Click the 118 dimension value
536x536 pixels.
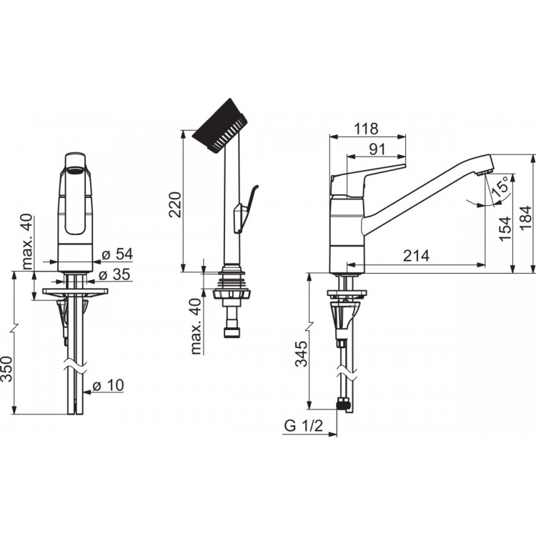[x=366, y=129]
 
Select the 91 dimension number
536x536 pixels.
[x=377, y=149]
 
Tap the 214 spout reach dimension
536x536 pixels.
[x=416, y=255]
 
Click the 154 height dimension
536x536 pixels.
[x=505, y=229]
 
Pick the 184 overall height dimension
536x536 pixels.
[x=526, y=218]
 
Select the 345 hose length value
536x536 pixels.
[x=302, y=354]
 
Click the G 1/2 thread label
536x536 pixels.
[x=304, y=426]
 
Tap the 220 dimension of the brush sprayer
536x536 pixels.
[x=176, y=205]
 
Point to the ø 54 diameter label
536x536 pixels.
[x=117, y=254]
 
